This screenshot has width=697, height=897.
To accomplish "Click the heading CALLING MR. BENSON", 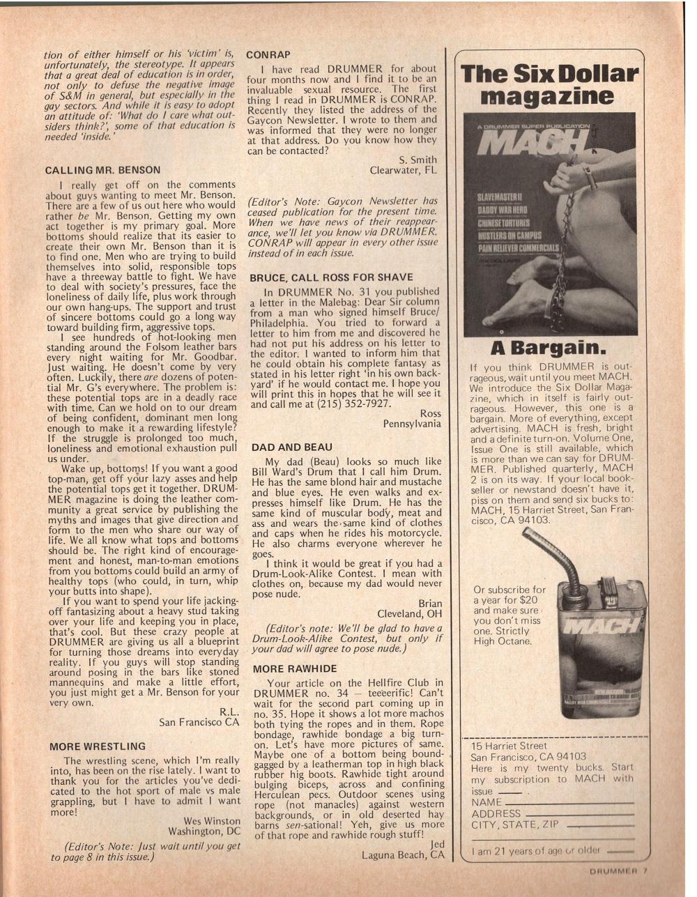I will tap(102, 169).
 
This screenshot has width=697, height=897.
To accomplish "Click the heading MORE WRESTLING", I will tap(98, 746).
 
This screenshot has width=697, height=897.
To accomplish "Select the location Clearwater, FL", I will tap(403, 169).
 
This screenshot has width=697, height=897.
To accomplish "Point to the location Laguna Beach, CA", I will tap(403, 854).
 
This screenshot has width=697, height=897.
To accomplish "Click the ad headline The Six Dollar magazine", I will tap(550, 84).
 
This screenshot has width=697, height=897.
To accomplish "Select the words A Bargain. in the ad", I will tap(550, 346).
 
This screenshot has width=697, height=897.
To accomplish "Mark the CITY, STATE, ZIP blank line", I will tap(600, 826).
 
